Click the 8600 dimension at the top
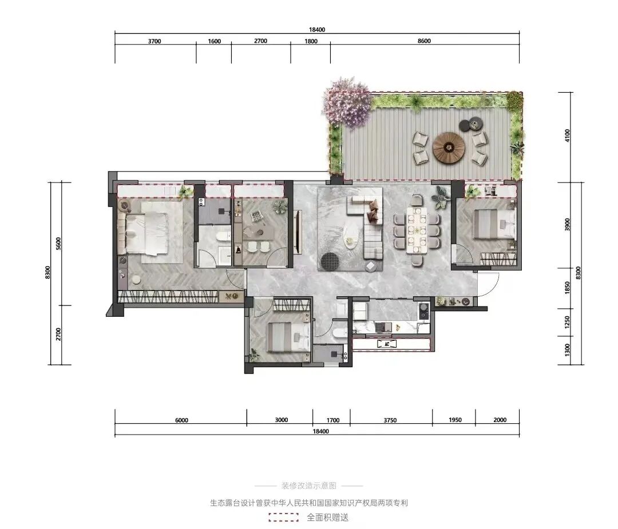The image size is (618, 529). tap(424, 41)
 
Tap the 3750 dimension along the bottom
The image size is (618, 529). tap(390, 420)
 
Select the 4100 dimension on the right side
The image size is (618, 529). tap(568, 136)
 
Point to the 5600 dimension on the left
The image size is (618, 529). tap(58, 244)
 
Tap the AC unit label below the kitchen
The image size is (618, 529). tap(386, 344)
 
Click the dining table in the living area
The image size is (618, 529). tap(417, 230)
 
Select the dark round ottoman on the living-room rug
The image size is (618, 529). tap(330, 262)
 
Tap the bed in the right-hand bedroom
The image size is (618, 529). tap(495, 224)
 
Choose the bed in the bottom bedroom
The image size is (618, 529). tap(289, 337)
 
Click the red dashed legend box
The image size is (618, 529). tap(283, 517)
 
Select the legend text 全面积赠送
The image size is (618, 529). tap(327, 517)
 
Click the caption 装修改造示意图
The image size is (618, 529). tap(309, 486)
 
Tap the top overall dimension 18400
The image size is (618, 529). tap(317, 30)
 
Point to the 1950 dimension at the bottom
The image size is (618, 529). tap(455, 420)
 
